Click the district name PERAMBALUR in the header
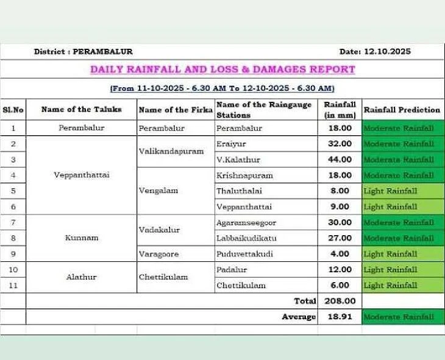[x=102, y=52]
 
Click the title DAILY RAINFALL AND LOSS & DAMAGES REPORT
[x=222, y=69]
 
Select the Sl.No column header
[x=13, y=110]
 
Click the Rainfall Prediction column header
[x=402, y=110]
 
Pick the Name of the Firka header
[x=176, y=110]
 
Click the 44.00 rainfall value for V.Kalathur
[x=340, y=160]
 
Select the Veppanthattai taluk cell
[x=82, y=175]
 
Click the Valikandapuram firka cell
[x=171, y=152]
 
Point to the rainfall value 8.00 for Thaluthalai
[x=340, y=191]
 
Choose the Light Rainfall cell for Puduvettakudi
[x=391, y=254]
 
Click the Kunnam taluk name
[x=82, y=238]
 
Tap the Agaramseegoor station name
[x=246, y=223]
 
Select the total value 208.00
[x=340, y=301]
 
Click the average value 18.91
[x=340, y=317]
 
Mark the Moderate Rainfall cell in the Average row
[x=399, y=317]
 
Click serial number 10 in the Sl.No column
[x=13, y=269]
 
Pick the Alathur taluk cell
[x=82, y=277]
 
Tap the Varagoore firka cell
[x=159, y=254]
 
